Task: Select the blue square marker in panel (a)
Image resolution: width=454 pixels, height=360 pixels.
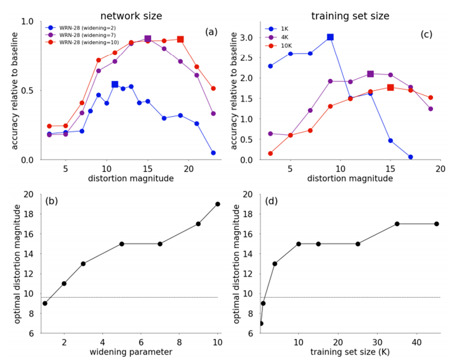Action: click(x=115, y=84)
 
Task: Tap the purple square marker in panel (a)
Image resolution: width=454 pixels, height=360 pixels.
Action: click(x=147, y=39)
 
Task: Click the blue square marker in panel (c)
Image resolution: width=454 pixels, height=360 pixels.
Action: click(x=330, y=37)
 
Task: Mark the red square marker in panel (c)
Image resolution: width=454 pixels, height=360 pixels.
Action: click(x=390, y=88)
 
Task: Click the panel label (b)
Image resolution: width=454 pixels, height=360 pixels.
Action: click(x=52, y=202)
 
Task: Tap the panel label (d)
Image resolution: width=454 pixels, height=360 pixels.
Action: click(x=272, y=202)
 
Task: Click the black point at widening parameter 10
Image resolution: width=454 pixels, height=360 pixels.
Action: click(x=217, y=204)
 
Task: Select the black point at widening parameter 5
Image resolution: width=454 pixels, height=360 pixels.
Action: click(x=121, y=244)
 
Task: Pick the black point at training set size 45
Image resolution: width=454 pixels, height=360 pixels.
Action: click(x=436, y=224)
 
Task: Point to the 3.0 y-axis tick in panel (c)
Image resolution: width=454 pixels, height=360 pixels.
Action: click(x=246, y=38)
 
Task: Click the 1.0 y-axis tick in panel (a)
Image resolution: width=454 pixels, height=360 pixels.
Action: click(x=27, y=22)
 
